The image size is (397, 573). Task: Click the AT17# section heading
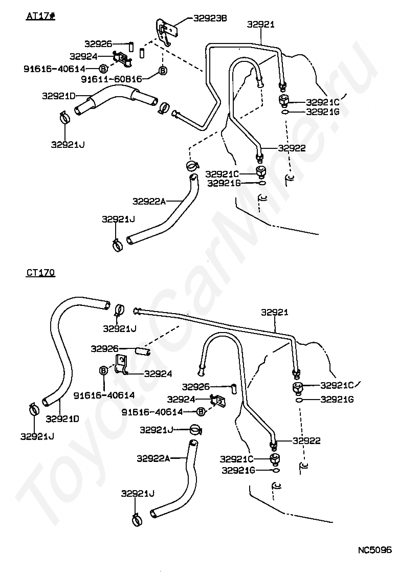(x=40, y=16)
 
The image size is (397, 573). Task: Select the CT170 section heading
(x=40, y=273)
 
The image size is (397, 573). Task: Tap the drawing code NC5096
(x=374, y=550)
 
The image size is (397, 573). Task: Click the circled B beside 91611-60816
(x=162, y=71)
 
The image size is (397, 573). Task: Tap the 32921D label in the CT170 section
(x=62, y=418)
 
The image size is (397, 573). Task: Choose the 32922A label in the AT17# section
(x=149, y=201)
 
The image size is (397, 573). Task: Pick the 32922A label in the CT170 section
(x=153, y=458)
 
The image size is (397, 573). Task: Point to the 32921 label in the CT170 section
(x=275, y=312)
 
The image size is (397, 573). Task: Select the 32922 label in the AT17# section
(x=292, y=148)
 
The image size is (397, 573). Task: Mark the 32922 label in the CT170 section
(x=306, y=440)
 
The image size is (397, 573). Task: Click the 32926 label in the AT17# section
(x=99, y=44)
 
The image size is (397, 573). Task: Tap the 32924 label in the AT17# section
(x=84, y=56)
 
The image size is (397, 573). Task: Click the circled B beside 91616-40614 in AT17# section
(x=102, y=68)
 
